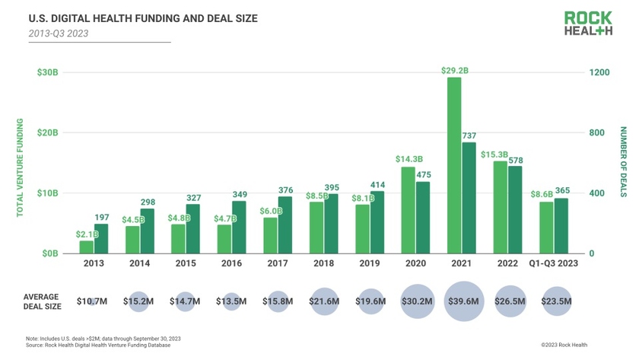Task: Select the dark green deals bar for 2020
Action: (423, 217)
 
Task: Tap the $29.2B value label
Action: (454, 71)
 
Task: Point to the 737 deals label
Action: (469, 135)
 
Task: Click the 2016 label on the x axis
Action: (231, 263)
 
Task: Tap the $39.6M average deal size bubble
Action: (463, 301)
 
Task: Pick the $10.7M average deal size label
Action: (92, 301)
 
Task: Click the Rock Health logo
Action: (587, 23)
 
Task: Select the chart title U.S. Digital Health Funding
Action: (121, 17)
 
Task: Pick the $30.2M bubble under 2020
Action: (416, 301)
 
